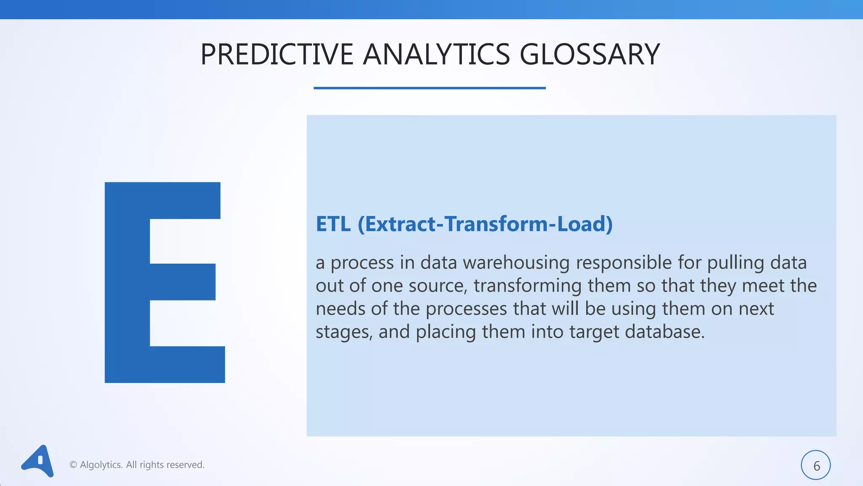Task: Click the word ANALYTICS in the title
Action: click(x=436, y=54)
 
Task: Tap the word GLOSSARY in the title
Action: click(x=590, y=54)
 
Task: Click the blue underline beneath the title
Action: click(x=429, y=88)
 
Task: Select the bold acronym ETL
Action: click(x=333, y=224)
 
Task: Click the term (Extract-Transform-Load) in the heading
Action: click(x=485, y=224)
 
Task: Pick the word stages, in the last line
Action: click(x=344, y=332)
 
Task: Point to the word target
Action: click(x=594, y=332)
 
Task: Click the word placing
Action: click(x=446, y=332)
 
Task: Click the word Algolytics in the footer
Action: click(x=101, y=464)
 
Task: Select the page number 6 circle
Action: click(x=815, y=465)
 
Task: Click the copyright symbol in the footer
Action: click(x=73, y=465)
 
